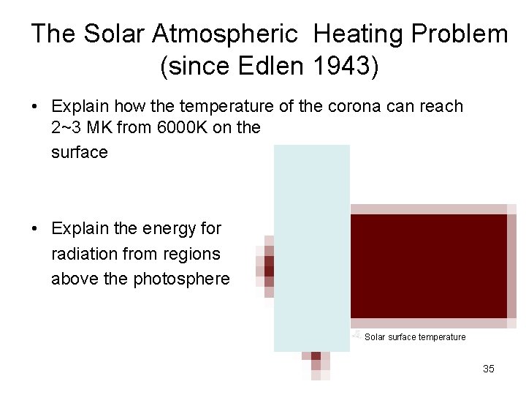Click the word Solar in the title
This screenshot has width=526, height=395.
coord(106,34)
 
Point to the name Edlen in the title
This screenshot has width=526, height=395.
coord(271,67)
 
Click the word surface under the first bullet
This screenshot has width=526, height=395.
coord(80,152)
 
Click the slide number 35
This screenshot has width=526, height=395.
coord(489,369)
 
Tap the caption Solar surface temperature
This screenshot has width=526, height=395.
coord(414,337)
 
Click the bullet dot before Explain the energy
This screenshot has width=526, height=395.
coord(35,228)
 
